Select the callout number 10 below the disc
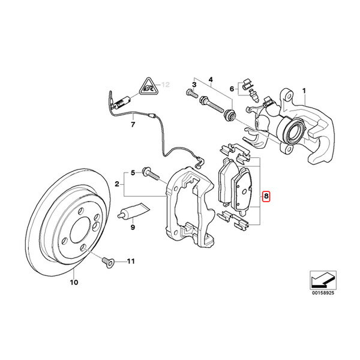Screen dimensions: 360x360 pyautogui.click(x=74, y=282)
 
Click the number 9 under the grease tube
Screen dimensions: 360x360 pyautogui.click(x=133, y=228)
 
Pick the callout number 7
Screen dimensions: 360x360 pyautogui.click(x=133, y=125)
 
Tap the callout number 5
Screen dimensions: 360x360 pyautogui.click(x=133, y=173)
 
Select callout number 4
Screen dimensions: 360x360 pyautogui.click(x=210, y=79)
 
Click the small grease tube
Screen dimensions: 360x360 pyautogui.click(x=131, y=212)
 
